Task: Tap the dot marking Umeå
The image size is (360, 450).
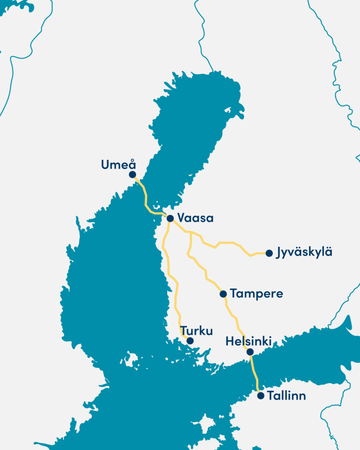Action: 132,174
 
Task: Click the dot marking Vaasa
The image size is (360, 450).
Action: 170,218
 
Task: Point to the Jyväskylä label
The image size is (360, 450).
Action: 304,253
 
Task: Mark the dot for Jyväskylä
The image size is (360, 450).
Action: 269,253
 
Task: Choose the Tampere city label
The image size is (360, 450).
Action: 256,294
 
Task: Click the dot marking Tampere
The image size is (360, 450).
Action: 223,294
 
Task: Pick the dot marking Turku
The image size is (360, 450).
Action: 190,341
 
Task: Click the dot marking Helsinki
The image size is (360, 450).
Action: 250,352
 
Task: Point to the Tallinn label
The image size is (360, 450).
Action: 287,396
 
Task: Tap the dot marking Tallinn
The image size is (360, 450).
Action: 261,396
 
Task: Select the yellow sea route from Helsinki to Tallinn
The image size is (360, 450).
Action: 255,374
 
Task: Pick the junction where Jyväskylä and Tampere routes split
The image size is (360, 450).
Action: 191,232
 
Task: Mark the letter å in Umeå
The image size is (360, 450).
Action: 132,164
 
